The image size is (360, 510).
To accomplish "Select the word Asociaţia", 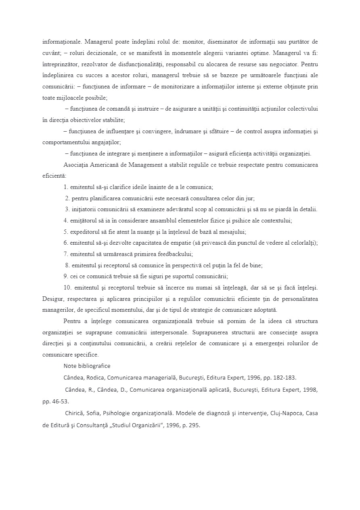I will point(76,165).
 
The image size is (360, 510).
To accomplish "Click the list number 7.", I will point(65,254).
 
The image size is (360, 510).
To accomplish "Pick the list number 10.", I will point(67,288).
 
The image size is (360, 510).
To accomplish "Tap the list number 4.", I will point(65,220).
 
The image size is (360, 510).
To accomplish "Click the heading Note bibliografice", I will point(87,366).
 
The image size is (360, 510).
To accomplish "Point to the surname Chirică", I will point(74,413).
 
